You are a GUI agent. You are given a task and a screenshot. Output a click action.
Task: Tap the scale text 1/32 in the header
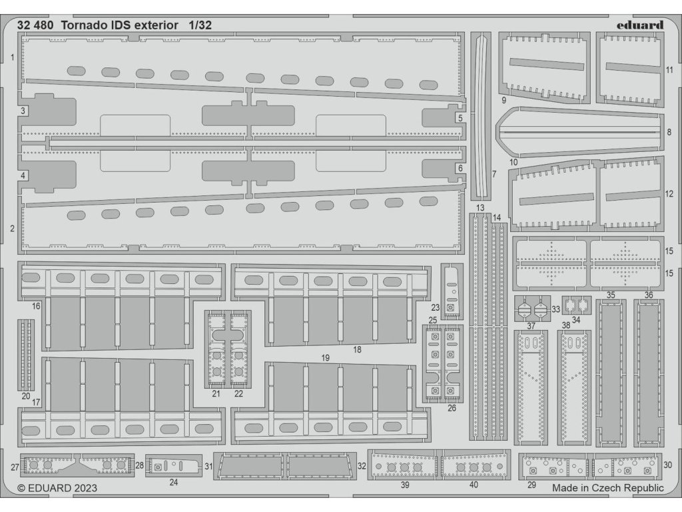click(200, 25)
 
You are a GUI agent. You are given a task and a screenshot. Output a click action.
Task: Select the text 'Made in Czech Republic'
click(607, 488)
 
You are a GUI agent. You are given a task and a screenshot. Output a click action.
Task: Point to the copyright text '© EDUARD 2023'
click(57, 488)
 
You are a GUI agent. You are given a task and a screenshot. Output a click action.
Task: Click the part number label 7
click(494, 175)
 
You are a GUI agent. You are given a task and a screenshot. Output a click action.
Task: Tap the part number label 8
click(669, 132)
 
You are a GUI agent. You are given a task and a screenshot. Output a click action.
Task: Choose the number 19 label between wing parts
click(325, 358)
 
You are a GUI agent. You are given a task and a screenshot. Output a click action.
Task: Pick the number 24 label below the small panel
click(174, 481)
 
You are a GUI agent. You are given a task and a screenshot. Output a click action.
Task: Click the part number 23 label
click(435, 307)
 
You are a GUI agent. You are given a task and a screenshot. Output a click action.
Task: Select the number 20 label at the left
click(26, 396)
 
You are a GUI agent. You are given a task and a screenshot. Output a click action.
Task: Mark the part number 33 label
click(555, 309)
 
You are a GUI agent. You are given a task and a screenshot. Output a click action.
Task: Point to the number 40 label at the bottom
click(474, 485)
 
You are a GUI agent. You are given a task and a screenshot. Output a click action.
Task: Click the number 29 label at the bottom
click(531, 485)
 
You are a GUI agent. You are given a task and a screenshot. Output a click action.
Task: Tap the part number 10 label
click(513, 162)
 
